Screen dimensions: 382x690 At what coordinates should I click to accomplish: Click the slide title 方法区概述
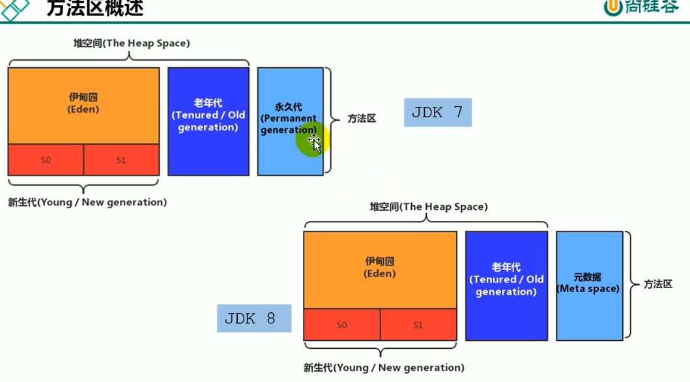[x=95, y=8]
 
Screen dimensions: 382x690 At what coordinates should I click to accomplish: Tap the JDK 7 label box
[x=437, y=113]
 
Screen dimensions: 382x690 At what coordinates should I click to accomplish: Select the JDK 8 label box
[x=253, y=319]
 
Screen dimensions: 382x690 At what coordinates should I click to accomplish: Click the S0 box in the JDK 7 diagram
[x=46, y=160]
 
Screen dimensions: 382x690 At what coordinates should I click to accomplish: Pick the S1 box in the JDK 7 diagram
[x=121, y=160]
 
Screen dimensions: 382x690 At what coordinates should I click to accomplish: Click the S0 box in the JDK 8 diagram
[x=342, y=325]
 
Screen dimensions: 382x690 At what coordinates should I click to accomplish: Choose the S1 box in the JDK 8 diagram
[x=418, y=325]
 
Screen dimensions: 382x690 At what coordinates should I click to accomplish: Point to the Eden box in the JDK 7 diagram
[x=83, y=104]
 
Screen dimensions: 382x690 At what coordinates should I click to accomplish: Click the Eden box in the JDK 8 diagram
[x=380, y=269]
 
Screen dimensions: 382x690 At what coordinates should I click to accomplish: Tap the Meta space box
[x=589, y=284]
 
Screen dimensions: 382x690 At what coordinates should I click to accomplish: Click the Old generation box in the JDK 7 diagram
[x=208, y=121]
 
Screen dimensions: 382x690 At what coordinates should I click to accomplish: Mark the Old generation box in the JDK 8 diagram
[x=506, y=285]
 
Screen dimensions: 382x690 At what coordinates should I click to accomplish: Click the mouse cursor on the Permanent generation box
[x=315, y=143]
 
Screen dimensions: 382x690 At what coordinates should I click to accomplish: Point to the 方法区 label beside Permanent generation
[x=362, y=119]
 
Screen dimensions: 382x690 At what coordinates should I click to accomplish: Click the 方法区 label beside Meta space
[x=657, y=284]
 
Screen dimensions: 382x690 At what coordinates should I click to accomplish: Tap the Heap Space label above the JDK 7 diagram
[x=132, y=44]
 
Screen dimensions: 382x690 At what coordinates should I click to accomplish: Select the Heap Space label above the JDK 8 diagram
[x=429, y=207]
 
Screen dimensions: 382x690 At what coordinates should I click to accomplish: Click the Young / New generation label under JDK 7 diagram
[x=87, y=203]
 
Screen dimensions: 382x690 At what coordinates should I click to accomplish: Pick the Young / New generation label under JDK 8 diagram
[x=384, y=368]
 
